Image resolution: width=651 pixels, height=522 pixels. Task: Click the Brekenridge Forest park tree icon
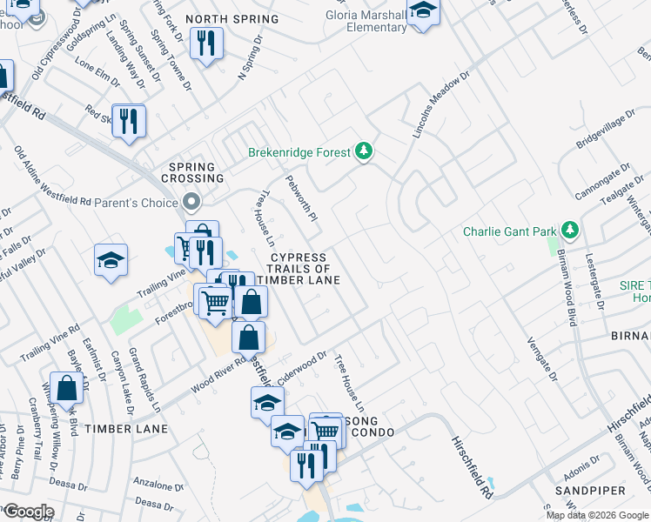[365, 152]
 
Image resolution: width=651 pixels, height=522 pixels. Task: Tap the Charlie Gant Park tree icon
[571, 231]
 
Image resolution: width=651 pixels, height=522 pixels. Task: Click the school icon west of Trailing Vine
[111, 260]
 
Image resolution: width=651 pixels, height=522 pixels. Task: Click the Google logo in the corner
[28, 511]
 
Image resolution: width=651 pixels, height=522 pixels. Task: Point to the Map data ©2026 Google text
[596, 515]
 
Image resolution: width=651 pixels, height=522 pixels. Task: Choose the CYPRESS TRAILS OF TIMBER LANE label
[298, 269]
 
